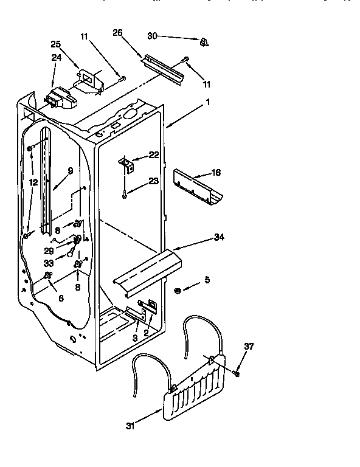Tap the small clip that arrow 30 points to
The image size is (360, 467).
[x=203, y=41]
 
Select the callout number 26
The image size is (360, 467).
[x=118, y=33]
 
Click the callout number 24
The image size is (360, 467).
[x=56, y=58]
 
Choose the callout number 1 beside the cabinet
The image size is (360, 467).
[x=208, y=103]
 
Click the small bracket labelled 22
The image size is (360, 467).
[x=126, y=162]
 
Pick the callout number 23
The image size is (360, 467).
[x=153, y=180]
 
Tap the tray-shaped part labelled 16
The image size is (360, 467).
[x=196, y=187]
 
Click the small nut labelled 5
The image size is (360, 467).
[x=177, y=289]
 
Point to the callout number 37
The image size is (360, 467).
[x=249, y=347]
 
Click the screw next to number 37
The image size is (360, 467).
[x=237, y=371]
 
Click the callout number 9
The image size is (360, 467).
[x=71, y=171]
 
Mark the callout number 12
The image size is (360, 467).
[x=34, y=182]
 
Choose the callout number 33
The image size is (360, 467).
[x=49, y=263]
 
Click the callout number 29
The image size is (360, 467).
[x=48, y=251]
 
